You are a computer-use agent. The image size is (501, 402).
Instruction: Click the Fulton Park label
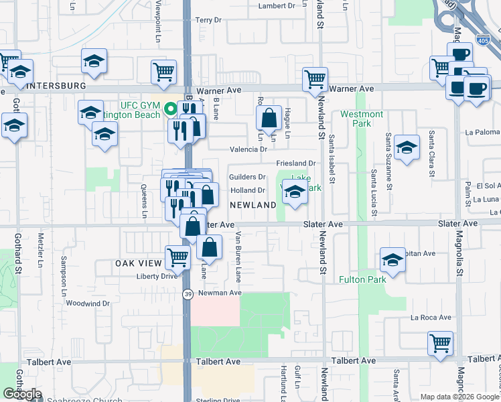[362, 279]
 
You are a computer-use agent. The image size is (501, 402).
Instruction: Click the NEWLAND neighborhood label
[253, 204]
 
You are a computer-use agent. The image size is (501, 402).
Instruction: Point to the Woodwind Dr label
[87, 304]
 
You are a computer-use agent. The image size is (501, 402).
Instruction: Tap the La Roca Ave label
[431, 318]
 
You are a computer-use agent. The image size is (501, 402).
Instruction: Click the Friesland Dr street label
[295, 163]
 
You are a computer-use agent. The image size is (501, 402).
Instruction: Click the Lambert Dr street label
[277, 5]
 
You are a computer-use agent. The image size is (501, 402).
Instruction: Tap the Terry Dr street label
[208, 20]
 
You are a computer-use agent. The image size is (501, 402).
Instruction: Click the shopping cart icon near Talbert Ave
[440, 344]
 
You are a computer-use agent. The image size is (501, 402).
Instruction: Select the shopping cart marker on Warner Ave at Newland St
[315, 79]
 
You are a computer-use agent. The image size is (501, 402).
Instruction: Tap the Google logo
[22, 394]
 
